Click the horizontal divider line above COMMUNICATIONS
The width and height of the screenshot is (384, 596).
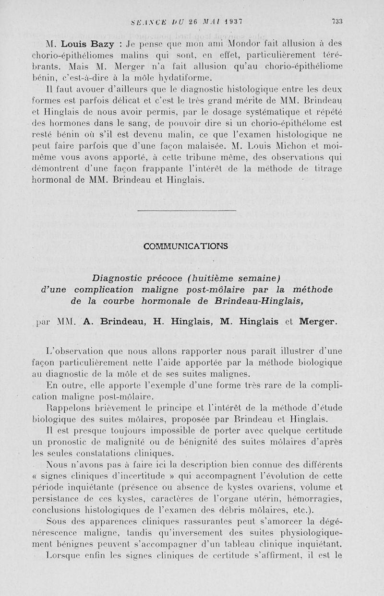[187, 210]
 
